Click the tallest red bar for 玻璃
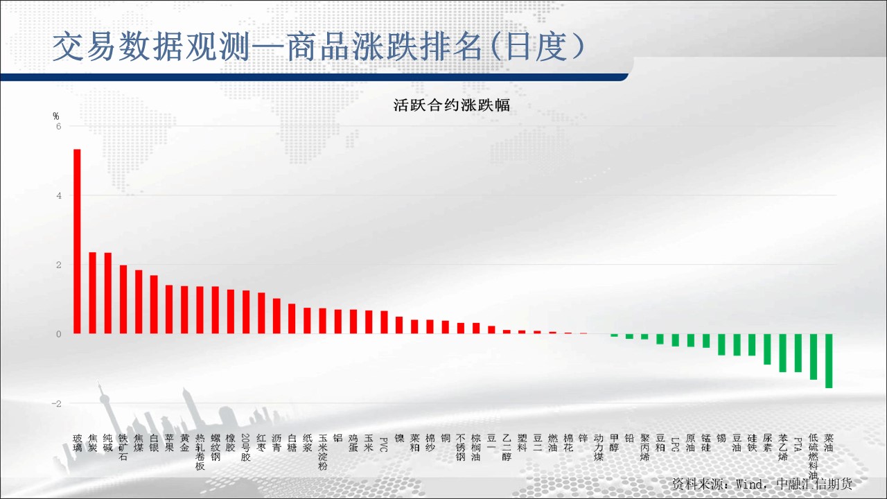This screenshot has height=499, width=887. tap(77, 241)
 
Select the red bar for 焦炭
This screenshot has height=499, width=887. tap(93, 292)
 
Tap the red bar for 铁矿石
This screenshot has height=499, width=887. tap(123, 299)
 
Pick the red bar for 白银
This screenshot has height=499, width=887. tap(154, 304)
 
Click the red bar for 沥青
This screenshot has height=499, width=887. tap(276, 315)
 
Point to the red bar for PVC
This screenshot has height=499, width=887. tap(384, 322)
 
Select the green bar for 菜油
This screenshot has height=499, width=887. tap(829, 361)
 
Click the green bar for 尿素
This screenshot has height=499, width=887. tap(767, 349)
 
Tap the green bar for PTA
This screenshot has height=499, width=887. tap(798, 353)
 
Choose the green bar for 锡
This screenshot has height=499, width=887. tap(721, 344)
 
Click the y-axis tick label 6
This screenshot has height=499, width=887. tap(59, 126)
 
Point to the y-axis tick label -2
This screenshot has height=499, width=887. tap(57, 403)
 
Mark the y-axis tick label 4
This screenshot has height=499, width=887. tap(59, 195)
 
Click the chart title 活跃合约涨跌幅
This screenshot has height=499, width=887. tap(451, 105)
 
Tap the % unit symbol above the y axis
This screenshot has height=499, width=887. tap(56, 116)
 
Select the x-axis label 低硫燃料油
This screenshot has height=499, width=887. tap(814, 457)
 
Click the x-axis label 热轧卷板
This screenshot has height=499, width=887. tap(200, 452)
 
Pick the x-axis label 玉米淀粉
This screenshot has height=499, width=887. tap(323, 452)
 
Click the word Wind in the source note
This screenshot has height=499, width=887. tap(749, 484)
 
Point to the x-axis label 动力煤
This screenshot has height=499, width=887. tap(599, 448)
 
